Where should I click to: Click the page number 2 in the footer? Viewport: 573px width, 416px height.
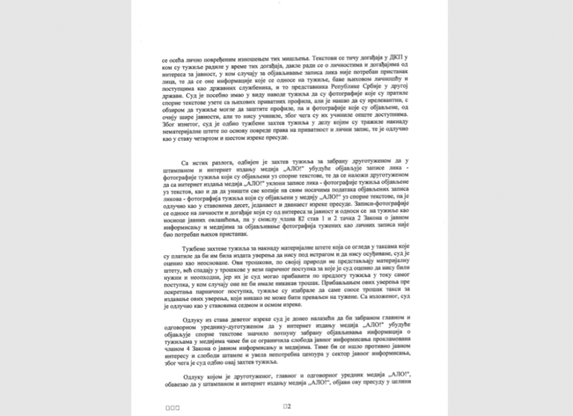click(x=287, y=407)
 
